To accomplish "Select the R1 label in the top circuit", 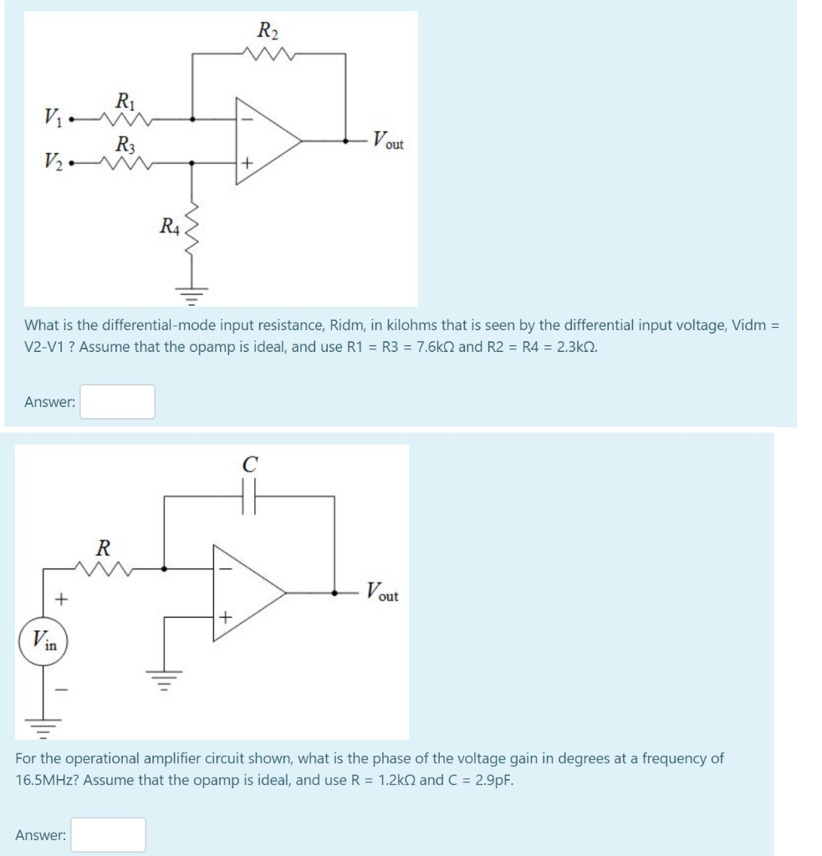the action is (124, 104).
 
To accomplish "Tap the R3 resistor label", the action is (124, 143).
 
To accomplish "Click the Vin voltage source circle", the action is (43, 642).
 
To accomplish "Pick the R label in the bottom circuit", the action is (104, 549).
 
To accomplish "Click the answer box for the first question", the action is (117, 401).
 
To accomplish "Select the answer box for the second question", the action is (108, 834).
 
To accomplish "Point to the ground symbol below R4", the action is (193, 293).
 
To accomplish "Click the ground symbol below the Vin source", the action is (43, 725).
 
